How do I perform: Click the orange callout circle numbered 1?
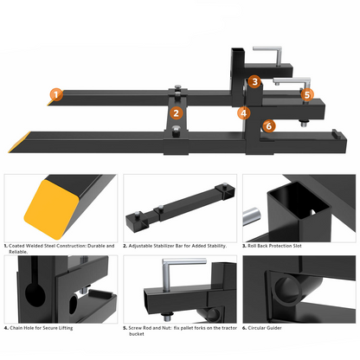coord(56,95)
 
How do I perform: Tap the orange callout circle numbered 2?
coord(176,112)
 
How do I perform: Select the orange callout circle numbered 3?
coord(254,82)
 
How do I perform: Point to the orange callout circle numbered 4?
coord(244,112)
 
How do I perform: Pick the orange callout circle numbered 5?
coord(307,95)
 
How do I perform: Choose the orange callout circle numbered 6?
coord(269,125)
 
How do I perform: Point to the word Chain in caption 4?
coord(22,329)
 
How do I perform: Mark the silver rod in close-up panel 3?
coord(252,214)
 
